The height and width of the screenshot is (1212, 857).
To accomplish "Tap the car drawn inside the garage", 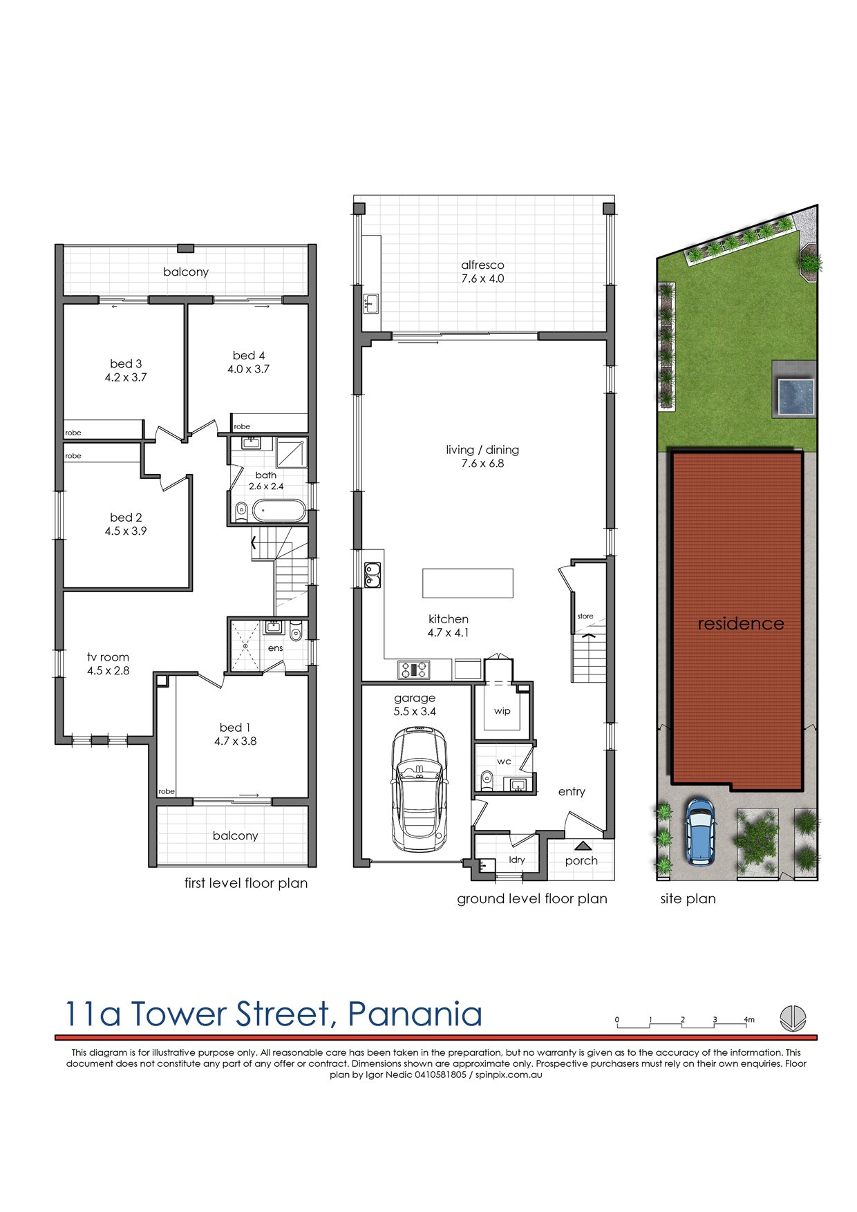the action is pyautogui.click(x=419, y=790).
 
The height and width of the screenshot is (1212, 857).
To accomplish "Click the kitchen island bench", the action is pyautogui.click(x=468, y=583).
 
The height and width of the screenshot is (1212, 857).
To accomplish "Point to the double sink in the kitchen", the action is pyautogui.click(x=373, y=574).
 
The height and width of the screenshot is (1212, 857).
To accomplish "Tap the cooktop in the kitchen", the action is pyautogui.click(x=413, y=669).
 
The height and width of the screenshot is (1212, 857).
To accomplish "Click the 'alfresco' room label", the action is pyautogui.click(x=482, y=265).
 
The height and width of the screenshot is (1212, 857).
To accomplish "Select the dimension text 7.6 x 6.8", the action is pyautogui.click(x=482, y=464).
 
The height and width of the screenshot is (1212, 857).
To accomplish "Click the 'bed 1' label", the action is pyautogui.click(x=235, y=727).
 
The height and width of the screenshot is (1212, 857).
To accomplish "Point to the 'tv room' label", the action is pyautogui.click(x=108, y=657).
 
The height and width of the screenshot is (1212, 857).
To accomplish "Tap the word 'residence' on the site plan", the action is pyautogui.click(x=741, y=623).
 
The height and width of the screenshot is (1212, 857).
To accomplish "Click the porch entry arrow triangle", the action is pyautogui.click(x=582, y=845).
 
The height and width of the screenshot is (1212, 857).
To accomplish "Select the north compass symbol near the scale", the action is pyautogui.click(x=793, y=1018).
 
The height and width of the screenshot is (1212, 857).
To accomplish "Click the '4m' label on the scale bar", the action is pyautogui.click(x=749, y=1019).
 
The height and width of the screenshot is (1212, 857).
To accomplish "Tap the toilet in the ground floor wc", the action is pyautogui.click(x=486, y=781).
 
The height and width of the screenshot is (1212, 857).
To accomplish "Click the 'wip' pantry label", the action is pyautogui.click(x=502, y=711).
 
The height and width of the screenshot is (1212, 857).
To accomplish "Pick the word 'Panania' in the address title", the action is pyautogui.click(x=415, y=1014).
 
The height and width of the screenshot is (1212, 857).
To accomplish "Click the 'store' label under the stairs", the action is pyautogui.click(x=585, y=616).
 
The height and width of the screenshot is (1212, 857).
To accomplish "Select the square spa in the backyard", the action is pyautogui.click(x=795, y=397).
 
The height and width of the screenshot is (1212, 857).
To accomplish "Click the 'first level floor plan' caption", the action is pyautogui.click(x=246, y=883).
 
